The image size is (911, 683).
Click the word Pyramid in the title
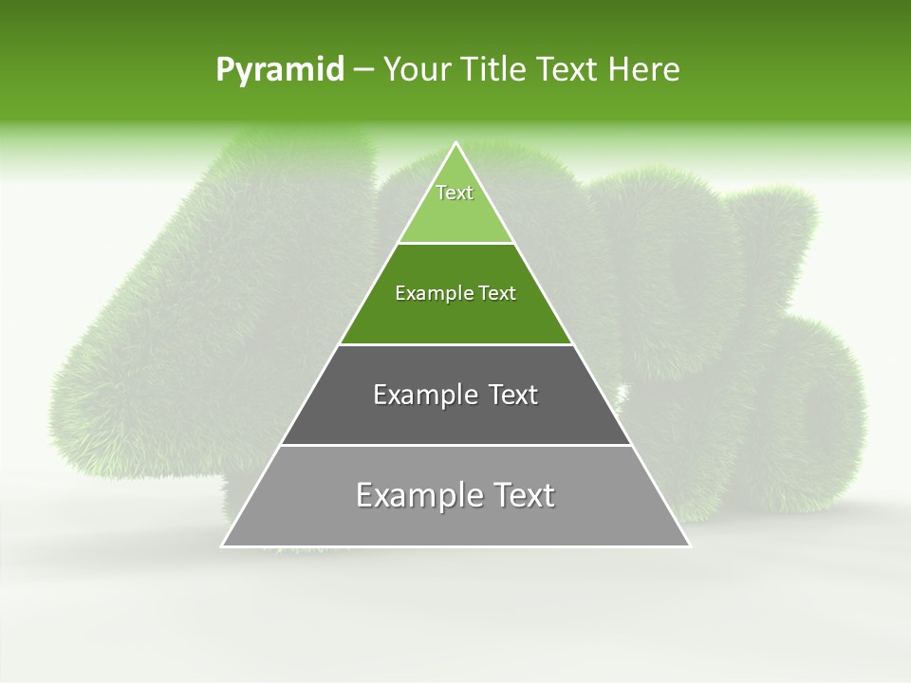(279, 70)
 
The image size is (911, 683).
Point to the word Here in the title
(644, 69)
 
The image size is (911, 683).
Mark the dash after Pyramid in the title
(363, 70)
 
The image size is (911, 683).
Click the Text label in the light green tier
(455, 194)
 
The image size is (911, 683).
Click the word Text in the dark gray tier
(513, 396)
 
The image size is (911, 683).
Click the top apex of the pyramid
(455, 143)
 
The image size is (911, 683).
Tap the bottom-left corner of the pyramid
(223, 545)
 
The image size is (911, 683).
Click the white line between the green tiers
(455, 244)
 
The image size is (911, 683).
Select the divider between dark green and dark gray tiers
(455, 344)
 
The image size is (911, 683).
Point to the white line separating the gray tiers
(455, 445)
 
